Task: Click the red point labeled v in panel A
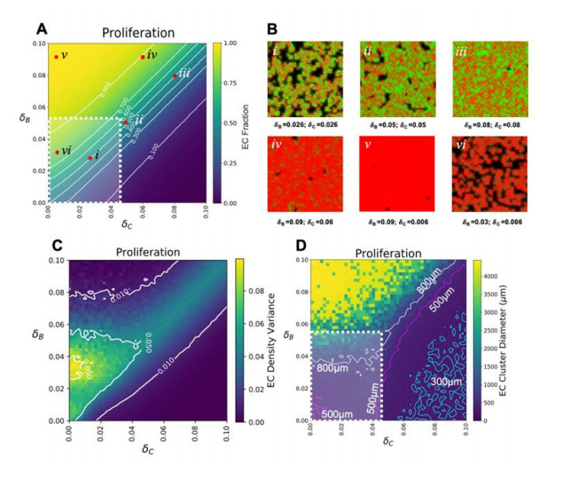click(56, 57)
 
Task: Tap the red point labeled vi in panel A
click(57, 152)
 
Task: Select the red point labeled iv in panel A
click(143, 58)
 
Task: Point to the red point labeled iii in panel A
click(175, 75)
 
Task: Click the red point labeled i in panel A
click(90, 158)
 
